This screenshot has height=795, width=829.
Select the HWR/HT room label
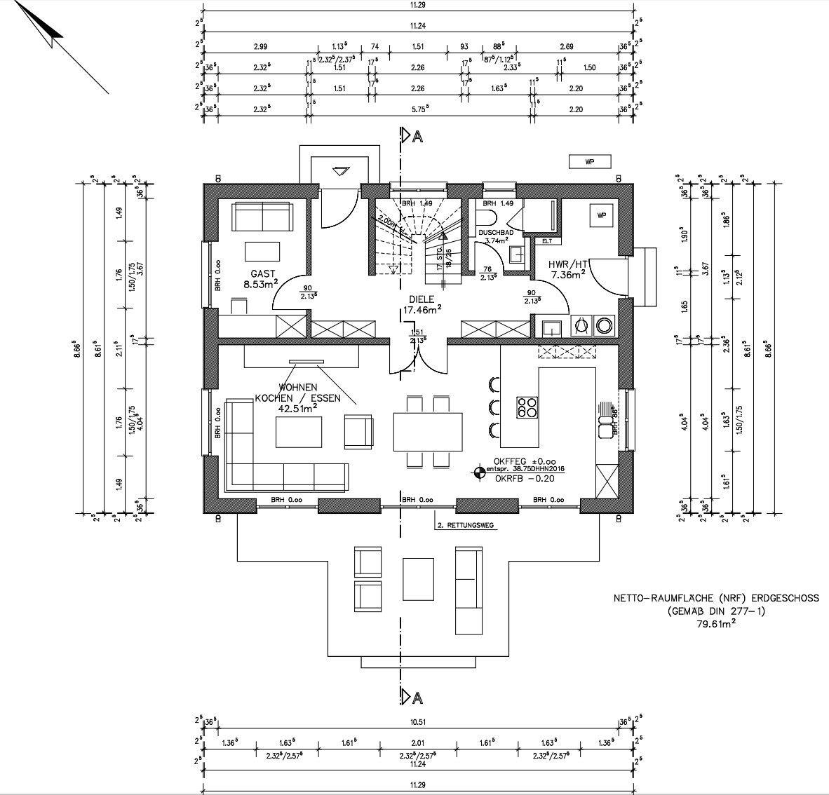[x=568, y=264]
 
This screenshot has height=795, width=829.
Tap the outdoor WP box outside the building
[x=589, y=162]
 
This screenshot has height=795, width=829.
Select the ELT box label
[x=546, y=241]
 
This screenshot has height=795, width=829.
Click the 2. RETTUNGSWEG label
[x=465, y=525]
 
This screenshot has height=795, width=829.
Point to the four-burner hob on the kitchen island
[x=527, y=407]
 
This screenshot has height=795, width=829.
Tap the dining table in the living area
[x=428, y=432]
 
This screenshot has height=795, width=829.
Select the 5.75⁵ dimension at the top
[x=418, y=109]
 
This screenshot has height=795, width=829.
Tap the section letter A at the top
[x=418, y=137]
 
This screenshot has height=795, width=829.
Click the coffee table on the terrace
[x=418, y=580]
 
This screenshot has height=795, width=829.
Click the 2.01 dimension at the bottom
[x=418, y=742]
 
